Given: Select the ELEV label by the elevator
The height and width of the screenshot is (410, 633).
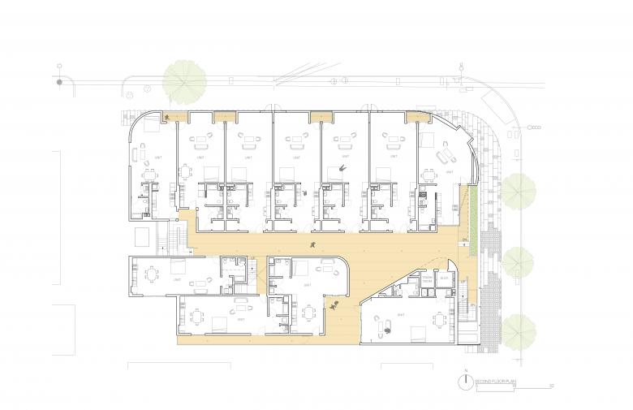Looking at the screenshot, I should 444,277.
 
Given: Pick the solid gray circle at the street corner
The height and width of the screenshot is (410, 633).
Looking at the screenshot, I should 59,81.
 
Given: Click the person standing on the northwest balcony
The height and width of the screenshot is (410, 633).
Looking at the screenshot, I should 168,119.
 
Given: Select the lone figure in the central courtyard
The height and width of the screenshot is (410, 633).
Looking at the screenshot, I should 312,243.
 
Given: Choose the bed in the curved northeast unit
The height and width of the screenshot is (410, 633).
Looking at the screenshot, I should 446,154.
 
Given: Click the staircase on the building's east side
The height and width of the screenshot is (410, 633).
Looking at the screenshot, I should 466,312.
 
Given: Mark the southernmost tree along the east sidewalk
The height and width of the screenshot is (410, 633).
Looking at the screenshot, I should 517,330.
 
